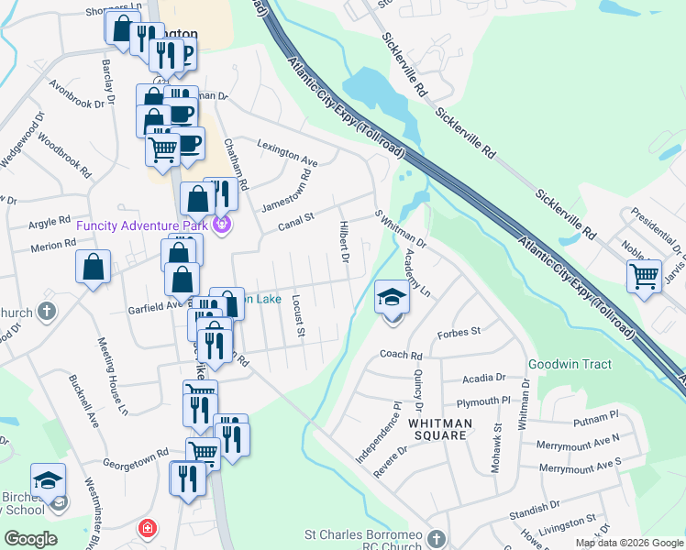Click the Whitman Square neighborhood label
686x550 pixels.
pyautogui.click(x=440, y=430)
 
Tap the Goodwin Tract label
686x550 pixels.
pyautogui.click(x=570, y=364)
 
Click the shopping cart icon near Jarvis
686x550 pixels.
pyautogui.click(x=645, y=274)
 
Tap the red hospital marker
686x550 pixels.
pyautogui.click(x=147, y=528)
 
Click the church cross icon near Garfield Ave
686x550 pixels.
pyautogui.click(x=47, y=312)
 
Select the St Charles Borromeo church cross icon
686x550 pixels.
pyautogui.click(x=437, y=538)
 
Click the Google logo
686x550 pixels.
pyautogui.click(x=30, y=539)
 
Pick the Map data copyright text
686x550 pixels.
pyautogui.click(x=627, y=543)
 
